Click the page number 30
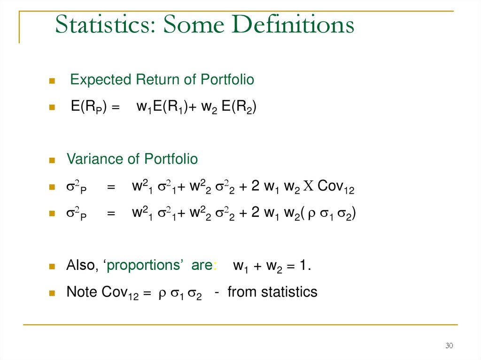click(x=449, y=346)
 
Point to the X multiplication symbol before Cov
click(x=308, y=186)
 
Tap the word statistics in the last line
click(x=289, y=292)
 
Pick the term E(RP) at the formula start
click(x=89, y=107)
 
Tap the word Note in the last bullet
click(x=82, y=292)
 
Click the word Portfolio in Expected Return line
click(x=227, y=80)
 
